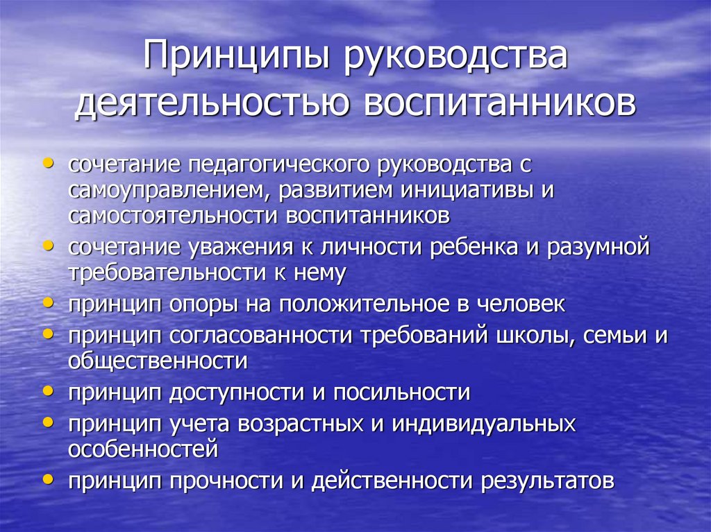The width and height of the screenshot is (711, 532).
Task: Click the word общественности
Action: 158,361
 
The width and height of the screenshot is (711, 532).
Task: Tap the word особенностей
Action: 143,449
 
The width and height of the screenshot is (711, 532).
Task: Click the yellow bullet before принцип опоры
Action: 47,302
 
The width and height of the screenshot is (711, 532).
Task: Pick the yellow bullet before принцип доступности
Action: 47,391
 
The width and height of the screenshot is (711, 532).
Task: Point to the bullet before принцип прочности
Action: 47,479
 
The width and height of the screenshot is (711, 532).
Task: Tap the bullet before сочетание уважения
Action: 47,246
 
